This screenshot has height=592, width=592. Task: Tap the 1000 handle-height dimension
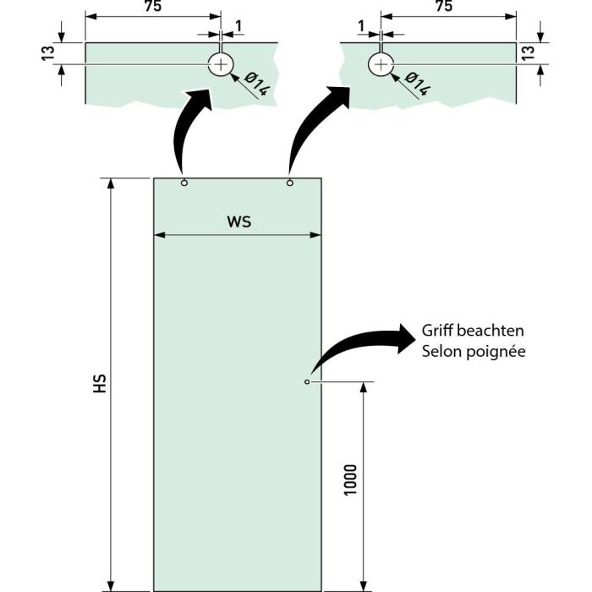(351, 480)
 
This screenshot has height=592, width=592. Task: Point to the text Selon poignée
(474, 350)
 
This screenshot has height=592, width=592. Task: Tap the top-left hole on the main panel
(184, 183)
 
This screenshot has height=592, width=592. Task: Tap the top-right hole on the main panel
(290, 183)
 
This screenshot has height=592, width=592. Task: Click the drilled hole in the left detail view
(222, 63)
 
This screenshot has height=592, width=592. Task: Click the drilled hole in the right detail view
(381, 63)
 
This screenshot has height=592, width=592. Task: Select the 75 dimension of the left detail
(153, 7)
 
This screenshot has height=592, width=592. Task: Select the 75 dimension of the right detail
(442, 7)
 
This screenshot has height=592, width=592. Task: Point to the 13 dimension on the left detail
(48, 52)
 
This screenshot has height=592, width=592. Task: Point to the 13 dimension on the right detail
(527, 52)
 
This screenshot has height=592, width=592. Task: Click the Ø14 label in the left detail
(257, 85)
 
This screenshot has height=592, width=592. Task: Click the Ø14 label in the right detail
(418, 85)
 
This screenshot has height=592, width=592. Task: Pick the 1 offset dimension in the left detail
(238, 26)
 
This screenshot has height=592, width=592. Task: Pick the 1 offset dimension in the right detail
(362, 26)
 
